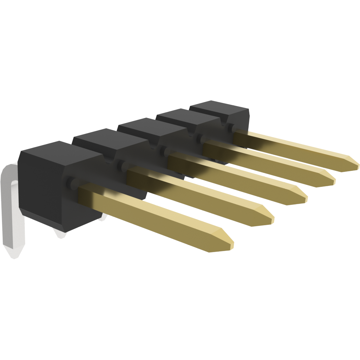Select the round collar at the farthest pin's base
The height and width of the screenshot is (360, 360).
pos(232,128)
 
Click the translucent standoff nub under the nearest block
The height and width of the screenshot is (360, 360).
pos(60,234)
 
